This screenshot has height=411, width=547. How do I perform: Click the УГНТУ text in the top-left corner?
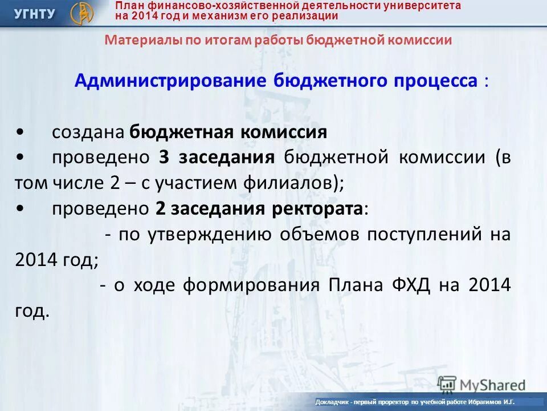click(35, 13)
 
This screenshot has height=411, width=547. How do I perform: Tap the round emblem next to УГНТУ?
click(81, 13)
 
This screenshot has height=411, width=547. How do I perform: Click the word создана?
click(88, 132)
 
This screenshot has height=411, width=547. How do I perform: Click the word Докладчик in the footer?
click(333, 402)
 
